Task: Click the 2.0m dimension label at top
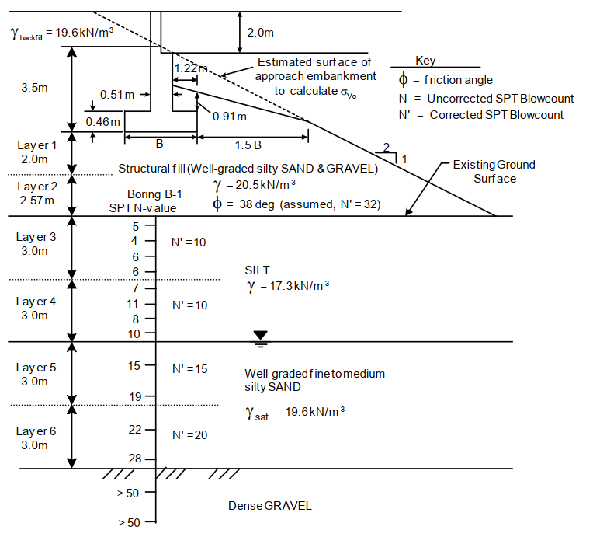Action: pos(261,33)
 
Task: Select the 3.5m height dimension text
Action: pos(33,89)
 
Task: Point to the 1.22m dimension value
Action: pos(189,68)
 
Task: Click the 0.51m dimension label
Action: pos(117,95)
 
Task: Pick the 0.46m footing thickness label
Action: pos(103,121)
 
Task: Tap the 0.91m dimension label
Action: pos(229,117)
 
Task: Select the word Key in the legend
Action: pos(425,61)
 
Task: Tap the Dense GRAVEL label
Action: pos(269,506)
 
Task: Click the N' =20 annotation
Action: pos(189,434)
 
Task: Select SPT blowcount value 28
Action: pos(135,459)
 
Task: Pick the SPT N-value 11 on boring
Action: pos(134,303)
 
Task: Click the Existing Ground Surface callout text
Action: pos(494,171)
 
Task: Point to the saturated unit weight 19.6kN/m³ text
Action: pos(296,413)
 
